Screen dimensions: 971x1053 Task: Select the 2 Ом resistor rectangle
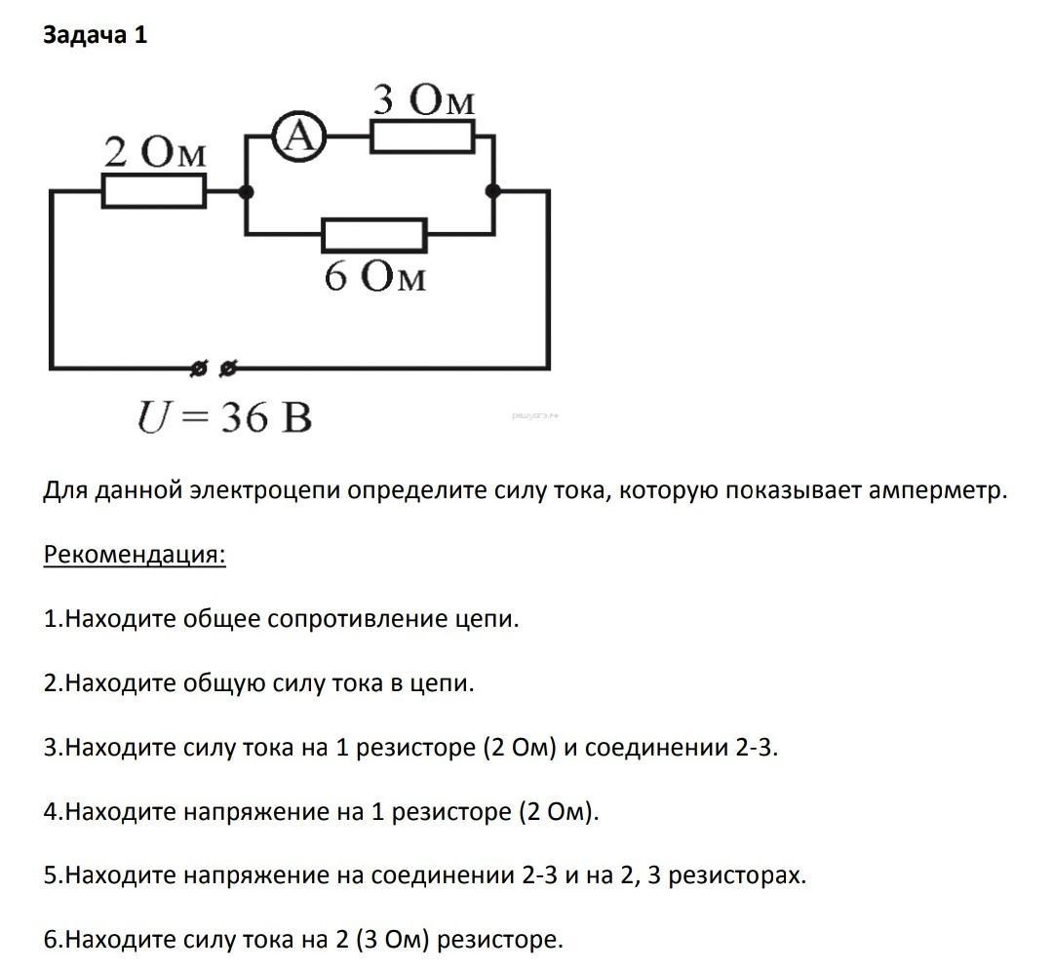coord(154,192)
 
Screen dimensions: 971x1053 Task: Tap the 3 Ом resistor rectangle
coord(422,138)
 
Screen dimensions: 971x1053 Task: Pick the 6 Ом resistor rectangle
coord(374,234)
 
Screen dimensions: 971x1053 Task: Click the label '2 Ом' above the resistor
coord(155,153)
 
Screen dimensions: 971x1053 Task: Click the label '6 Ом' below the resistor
coord(375,277)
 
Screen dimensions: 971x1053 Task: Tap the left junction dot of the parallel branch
coord(247,192)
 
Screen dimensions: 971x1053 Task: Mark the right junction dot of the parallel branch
coord(493,192)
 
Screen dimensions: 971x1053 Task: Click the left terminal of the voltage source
coord(199,369)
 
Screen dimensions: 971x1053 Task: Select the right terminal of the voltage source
coord(228,369)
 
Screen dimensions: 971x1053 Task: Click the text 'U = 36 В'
coord(224,418)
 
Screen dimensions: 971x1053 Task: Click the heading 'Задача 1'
coord(96,36)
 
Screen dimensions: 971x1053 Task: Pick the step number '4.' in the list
coord(53,812)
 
